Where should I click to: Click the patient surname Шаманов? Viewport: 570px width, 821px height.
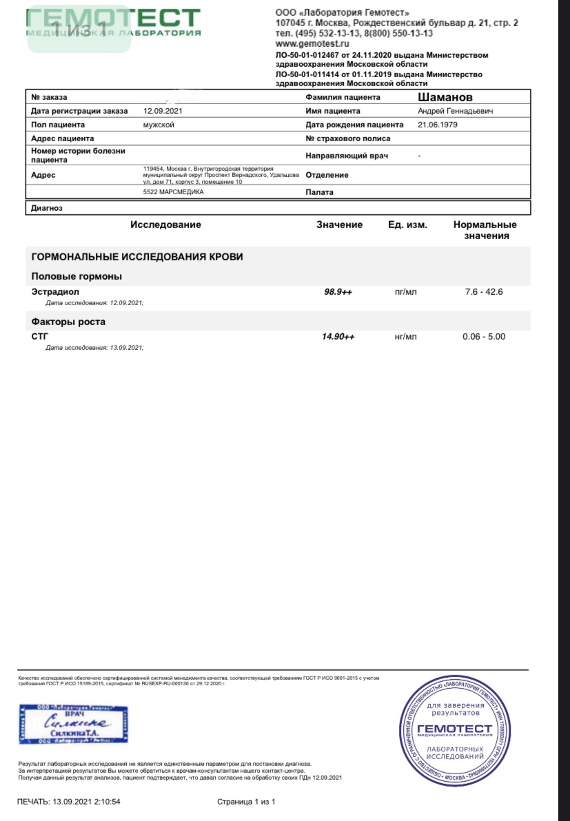pos(445,97)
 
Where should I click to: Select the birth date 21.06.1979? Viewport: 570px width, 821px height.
pos(438,125)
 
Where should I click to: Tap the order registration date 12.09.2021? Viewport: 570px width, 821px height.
pos(163,111)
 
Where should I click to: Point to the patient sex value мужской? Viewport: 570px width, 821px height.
pos(158,125)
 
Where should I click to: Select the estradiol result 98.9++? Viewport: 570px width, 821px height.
pos(338,292)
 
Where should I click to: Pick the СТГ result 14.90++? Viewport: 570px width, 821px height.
pos(338,337)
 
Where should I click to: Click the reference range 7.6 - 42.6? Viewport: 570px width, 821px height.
pos(484,292)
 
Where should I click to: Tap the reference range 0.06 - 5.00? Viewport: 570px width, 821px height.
pos(484,337)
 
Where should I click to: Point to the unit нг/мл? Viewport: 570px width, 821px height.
pos(406,337)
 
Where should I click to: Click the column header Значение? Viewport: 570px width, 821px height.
pos(339,225)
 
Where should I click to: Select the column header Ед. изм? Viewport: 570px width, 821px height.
pos(407,225)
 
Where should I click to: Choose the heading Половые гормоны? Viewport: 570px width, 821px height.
pos(77,276)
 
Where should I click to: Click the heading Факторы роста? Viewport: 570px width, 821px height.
pos(68,322)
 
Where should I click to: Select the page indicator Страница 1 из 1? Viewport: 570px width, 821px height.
pos(246,802)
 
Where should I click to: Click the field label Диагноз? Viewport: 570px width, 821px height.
pos(47,207)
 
